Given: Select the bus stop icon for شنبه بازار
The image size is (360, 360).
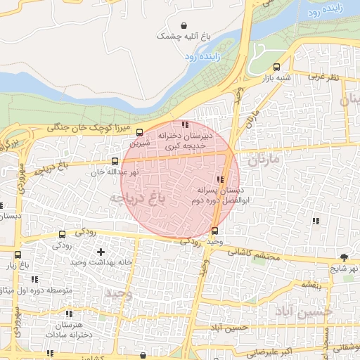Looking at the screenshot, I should click(x=276, y=69).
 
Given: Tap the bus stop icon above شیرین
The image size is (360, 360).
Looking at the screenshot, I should click(x=139, y=131).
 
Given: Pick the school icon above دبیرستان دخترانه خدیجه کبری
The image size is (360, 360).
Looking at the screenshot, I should click(x=185, y=125).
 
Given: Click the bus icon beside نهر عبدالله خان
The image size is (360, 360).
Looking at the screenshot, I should click(x=115, y=161).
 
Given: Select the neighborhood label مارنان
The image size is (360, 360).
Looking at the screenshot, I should click(x=264, y=160).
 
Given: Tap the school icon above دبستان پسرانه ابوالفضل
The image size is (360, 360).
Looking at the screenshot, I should click(x=221, y=179).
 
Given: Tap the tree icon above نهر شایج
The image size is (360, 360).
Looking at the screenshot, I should click(x=344, y=257).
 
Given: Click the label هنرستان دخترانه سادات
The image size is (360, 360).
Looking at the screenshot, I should click(x=68, y=330).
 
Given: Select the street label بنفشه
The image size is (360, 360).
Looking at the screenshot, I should click(x=311, y=285).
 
